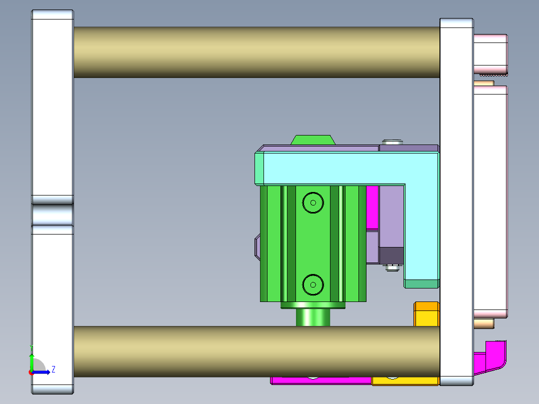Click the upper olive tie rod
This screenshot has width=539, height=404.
pyautogui.click(x=256, y=52)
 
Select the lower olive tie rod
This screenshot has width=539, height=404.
pyautogui.click(x=256, y=351)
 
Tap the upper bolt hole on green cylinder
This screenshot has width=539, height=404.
pyautogui.click(x=313, y=202)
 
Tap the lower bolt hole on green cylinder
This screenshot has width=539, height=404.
pyautogui.click(x=313, y=284)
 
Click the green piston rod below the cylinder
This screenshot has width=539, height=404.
pyautogui.click(x=313, y=317)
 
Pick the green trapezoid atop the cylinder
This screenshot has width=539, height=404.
pyautogui.click(x=312, y=139)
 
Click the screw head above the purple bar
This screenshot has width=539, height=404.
pyautogui.click(x=392, y=142)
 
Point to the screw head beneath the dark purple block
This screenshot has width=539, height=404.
pyautogui.click(x=392, y=268)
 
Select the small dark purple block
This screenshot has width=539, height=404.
pyautogui.click(x=391, y=255)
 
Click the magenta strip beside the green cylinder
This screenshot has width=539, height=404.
pyautogui.click(x=372, y=206)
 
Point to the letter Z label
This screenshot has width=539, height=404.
pyautogui.click(x=53, y=369)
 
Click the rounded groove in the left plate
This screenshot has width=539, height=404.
pyautogui.click(x=52, y=214)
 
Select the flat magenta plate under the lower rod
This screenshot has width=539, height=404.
pyautogui.click(x=320, y=380)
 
